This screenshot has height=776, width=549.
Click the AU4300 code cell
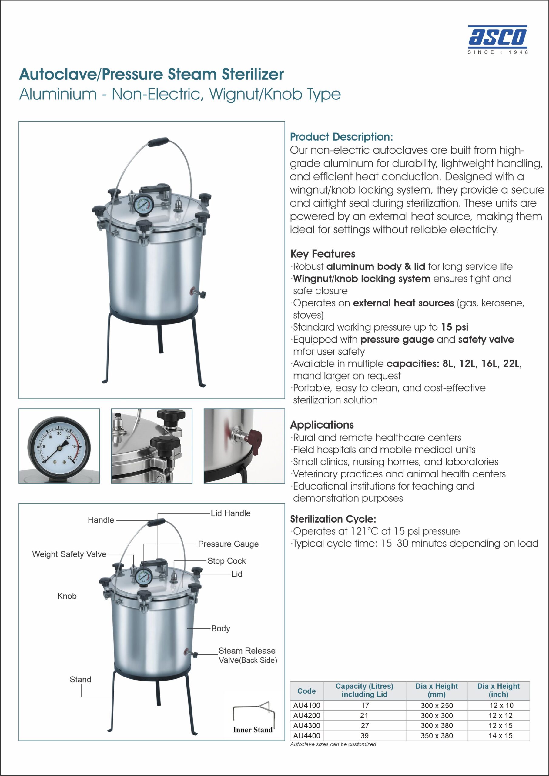(x=306, y=725)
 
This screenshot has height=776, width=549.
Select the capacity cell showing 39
(x=364, y=735)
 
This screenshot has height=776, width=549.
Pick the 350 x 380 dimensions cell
(x=437, y=735)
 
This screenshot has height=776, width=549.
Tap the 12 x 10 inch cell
(x=501, y=705)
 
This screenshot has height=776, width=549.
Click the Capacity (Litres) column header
(x=364, y=690)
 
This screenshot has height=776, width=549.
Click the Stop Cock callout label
(x=226, y=561)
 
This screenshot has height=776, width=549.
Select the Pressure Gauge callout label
(x=228, y=544)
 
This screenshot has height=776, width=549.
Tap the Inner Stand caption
(x=253, y=730)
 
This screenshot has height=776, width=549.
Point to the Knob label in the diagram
(x=67, y=596)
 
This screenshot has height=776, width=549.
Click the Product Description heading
(x=341, y=137)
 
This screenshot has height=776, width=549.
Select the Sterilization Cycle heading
(x=333, y=519)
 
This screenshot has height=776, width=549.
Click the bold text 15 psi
(x=455, y=327)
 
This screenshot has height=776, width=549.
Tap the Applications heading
(x=322, y=425)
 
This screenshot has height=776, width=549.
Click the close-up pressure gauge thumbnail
(x=59, y=446)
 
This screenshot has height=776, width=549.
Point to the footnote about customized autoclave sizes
(x=333, y=744)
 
